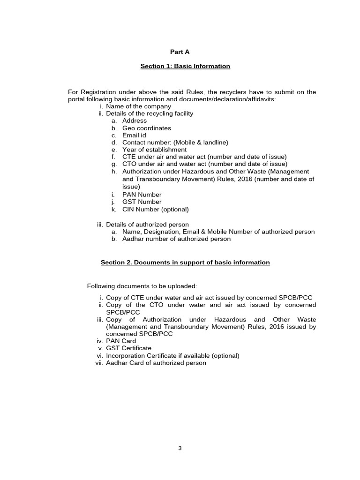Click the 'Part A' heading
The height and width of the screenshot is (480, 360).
pyautogui.click(x=180, y=52)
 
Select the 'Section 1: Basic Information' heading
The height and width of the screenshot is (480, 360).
pyautogui.click(x=185, y=66)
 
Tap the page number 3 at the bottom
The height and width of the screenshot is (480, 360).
pyautogui.click(x=180, y=448)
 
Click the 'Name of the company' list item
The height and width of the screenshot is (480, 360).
pyautogui.click(x=138, y=106)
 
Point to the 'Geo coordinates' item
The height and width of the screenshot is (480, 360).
pyautogui.click(x=146, y=128)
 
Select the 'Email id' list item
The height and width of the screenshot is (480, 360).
pyautogui.click(x=134, y=135)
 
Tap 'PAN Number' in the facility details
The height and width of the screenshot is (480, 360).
pyautogui.click(x=142, y=195)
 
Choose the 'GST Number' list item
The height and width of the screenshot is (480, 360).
pyautogui.click(x=142, y=202)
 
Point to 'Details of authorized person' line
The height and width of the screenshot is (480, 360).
pyautogui.click(x=147, y=225)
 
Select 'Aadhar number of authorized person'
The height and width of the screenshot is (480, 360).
pyautogui.click(x=176, y=239)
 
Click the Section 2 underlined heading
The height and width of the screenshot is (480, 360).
pyautogui.click(x=185, y=262)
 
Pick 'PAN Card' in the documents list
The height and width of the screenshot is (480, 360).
pyautogui.click(x=121, y=341)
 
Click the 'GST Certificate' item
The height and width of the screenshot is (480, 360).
pyautogui.click(x=128, y=348)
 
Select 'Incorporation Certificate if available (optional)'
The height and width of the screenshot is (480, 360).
pyautogui.click(x=172, y=356)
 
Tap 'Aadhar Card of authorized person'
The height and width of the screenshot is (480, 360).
pyautogui.click(x=156, y=363)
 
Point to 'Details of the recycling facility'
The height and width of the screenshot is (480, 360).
pyautogui.click(x=149, y=113)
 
